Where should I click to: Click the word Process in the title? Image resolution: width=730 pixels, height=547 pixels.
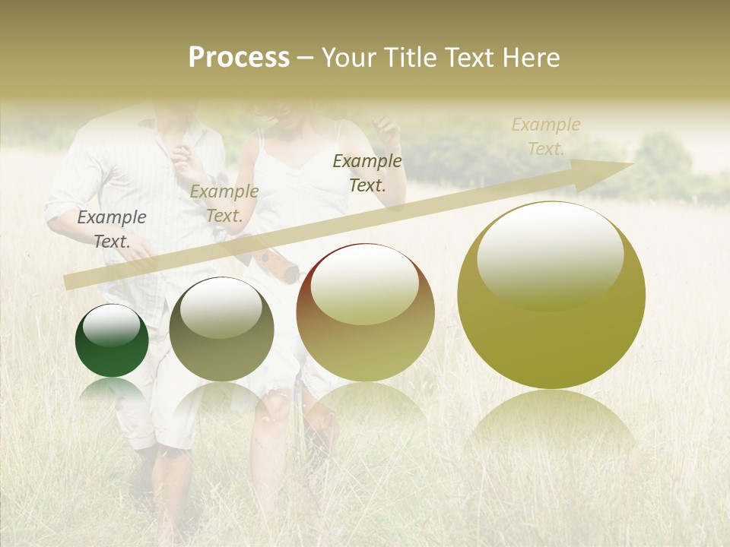[x=239, y=58]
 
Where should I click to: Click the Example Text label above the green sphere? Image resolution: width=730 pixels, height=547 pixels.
[x=112, y=229]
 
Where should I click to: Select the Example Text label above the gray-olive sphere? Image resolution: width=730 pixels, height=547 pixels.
[x=224, y=204]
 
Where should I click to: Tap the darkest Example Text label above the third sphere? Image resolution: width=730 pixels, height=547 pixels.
[x=367, y=172]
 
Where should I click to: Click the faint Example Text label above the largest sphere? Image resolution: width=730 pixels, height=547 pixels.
[x=546, y=136]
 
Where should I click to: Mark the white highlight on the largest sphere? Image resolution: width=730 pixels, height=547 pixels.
[x=550, y=255]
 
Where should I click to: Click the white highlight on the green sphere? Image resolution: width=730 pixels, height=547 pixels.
[x=111, y=325]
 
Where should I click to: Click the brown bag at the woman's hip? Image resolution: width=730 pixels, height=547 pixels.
[x=275, y=262]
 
